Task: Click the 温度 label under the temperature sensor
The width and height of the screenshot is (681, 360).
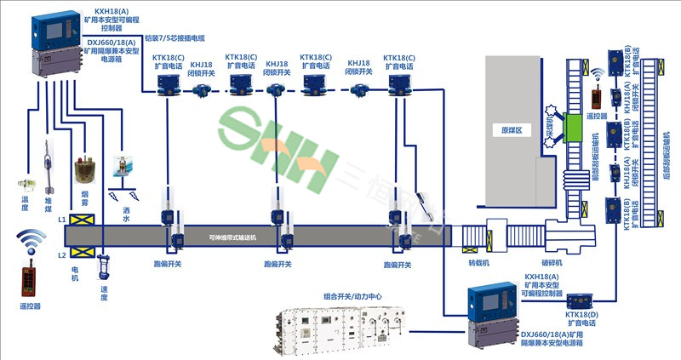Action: tap(25, 205)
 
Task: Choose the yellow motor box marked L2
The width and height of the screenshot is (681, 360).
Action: tap(83, 253)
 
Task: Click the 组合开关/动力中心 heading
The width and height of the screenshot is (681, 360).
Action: tap(348, 297)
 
